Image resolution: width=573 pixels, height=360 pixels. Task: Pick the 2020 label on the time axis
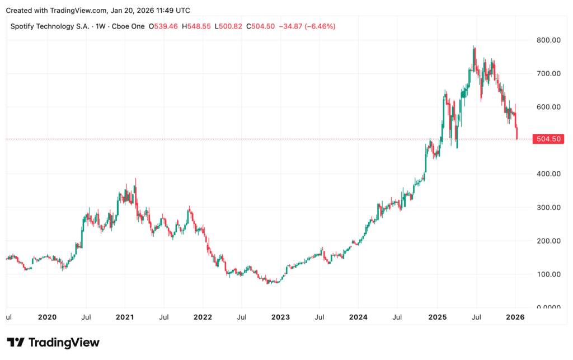tap(48, 317)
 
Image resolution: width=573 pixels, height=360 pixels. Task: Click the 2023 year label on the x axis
tap(280, 317)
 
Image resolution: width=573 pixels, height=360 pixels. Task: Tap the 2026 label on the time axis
tap(515, 317)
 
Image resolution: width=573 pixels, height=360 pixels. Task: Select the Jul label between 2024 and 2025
tap(397, 317)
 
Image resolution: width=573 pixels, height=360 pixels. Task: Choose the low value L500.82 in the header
tap(229, 26)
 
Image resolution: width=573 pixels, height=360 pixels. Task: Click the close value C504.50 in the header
tap(261, 26)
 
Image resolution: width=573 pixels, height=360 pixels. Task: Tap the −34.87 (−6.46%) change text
tap(307, 26)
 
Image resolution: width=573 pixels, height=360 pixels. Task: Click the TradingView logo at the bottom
tap(53, 342)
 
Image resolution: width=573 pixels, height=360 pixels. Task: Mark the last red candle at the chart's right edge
tap(517, 132)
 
